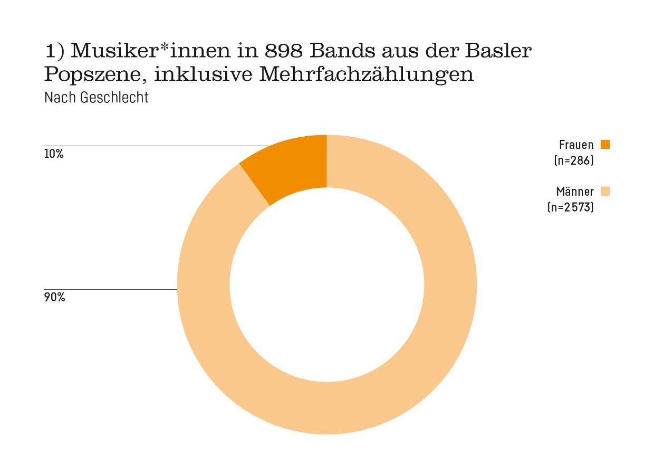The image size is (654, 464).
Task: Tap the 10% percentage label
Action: click(54, 155)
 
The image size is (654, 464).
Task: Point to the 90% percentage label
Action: click(54, 298)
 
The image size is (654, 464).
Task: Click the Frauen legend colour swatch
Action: click(605, 144)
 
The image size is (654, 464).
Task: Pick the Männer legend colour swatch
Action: click(605, 191)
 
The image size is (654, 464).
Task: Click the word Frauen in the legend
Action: click(576, 145)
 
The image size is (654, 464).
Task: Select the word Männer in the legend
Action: click(575, 192)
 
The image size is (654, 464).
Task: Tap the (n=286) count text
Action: click(574, 160)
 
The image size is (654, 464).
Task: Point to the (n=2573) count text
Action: click(571, 207)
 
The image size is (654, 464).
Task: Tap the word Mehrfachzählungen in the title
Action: click(367, 75)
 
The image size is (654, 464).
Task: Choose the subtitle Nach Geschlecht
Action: click(97, 98)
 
